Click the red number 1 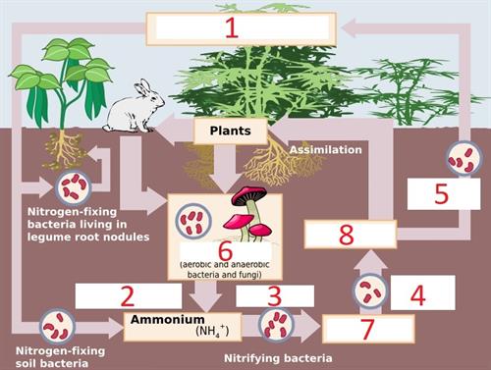pos(231,26)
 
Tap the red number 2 pos(128,294)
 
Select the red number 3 pos(274,295)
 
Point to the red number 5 pos(442,193)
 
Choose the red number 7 pos(367,329)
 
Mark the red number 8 pos(346,235)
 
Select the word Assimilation pos(325,150)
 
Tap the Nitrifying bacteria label pos(278,358)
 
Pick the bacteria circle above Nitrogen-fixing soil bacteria pos(56,324)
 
